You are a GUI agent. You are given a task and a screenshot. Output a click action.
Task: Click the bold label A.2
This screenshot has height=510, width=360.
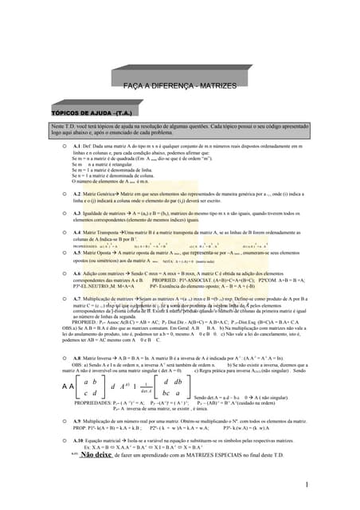(76, 194)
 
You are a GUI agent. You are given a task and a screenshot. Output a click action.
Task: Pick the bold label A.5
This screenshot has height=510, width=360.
(76, 253)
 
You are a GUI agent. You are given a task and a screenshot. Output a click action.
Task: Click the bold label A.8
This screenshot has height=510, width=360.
(76, 359)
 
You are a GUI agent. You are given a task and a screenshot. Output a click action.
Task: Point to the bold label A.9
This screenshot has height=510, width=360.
(76, 420)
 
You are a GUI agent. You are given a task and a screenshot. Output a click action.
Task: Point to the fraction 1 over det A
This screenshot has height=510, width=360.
(145, 387)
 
